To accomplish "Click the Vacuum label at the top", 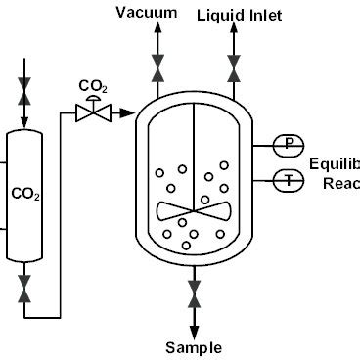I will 147,13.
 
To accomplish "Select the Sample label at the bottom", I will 194,347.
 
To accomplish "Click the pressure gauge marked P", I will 289,145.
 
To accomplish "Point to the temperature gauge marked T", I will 289,179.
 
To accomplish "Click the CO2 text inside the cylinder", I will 25,195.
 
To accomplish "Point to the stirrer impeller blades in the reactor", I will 194,211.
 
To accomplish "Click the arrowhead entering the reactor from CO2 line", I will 129,114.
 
